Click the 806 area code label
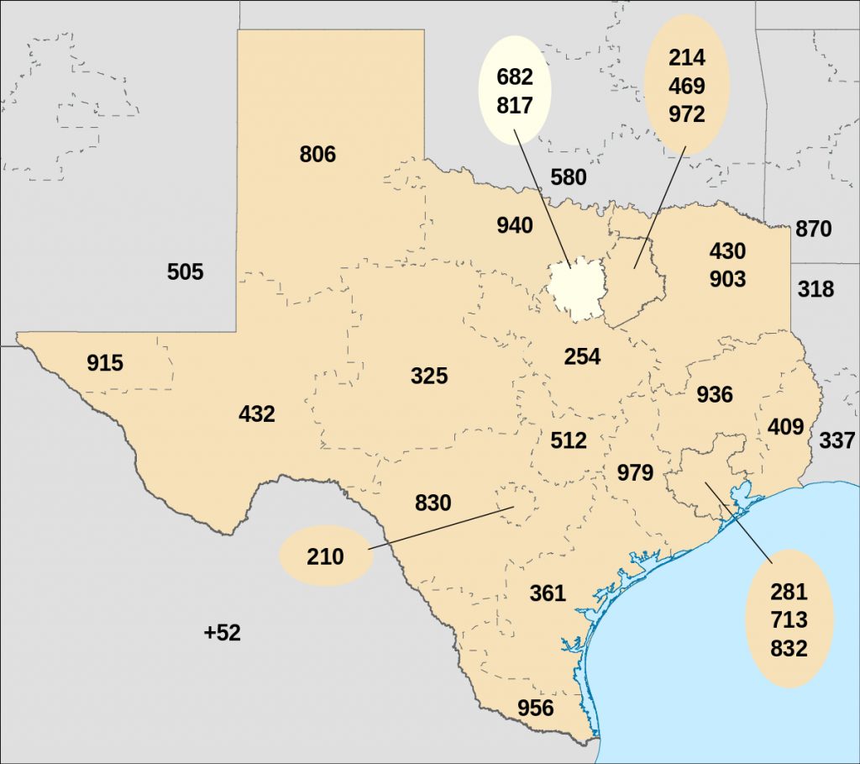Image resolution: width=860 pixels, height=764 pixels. (x=317, y=155)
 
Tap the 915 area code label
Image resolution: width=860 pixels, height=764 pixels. (x=105, y=363)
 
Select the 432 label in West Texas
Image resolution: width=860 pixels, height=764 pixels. (x=257, y=414)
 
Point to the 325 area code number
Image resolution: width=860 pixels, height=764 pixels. (x=429, y=376)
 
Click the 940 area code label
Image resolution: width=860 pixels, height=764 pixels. (x=515, y=225)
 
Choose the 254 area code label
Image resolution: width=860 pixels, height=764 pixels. (x=582, y=356)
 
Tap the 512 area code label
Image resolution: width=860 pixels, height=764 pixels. (x=569, y=440)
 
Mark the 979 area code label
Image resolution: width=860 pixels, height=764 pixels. (x=635, y=473)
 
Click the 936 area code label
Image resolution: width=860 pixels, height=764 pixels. (x=715, y=394)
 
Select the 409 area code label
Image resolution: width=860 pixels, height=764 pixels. (x=786, y=427)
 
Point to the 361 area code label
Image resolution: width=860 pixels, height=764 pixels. (x=548, y=593)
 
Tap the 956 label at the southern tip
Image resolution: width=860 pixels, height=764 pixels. (x=536, y=708)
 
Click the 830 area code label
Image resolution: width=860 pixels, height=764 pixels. (x=433, y=503)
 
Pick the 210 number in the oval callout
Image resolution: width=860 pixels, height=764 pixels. (x=325, y=556)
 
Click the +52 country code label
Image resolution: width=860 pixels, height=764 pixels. (x=223, y=633)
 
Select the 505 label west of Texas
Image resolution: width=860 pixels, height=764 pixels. (x=186, y=272)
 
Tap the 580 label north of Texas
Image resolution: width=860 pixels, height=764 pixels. (x=569, y=177)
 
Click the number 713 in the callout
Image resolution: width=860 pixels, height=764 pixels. (x=789, y=620)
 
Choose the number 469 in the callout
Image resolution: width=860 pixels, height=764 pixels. (x=687, y=86)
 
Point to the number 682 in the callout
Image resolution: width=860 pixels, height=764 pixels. (x=515, y=77)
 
